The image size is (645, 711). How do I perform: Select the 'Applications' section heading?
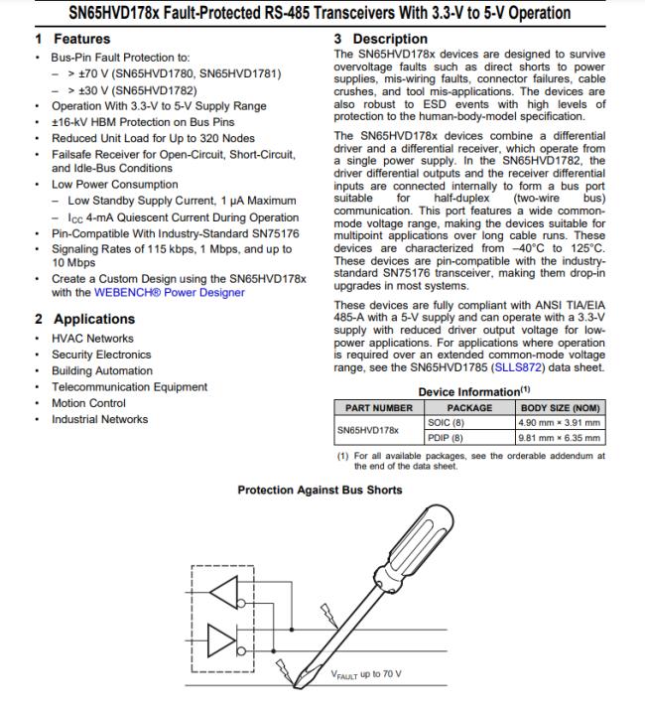pyautogui.click(x=94, y=319)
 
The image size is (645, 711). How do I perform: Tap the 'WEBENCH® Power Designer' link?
pyautogui.click(x=170, y=292)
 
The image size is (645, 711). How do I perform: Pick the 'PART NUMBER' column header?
pyautogui.click(x=379, y=408)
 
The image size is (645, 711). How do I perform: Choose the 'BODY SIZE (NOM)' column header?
pyautogui.click(x=561, y=408)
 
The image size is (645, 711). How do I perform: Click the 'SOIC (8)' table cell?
pyautogui.click(x=446, y=422)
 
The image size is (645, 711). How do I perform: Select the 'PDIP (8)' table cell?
pyautogui.click(x=446, y=437)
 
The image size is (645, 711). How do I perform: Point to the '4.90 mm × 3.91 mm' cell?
pyautogui.click(x=561, y=422)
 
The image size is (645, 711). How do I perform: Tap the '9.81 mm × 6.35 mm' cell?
pyautogui.click(x=561, y=437)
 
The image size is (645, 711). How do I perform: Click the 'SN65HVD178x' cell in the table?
pyautogui.click(x=368, y=430)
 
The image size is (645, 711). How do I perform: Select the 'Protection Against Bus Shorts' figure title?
pyautogui.click(x=320, y=490)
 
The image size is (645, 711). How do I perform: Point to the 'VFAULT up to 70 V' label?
pyautogui.click(x=366, y=674)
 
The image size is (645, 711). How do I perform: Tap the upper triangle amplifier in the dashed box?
pyautogui.click(x=223, y=591)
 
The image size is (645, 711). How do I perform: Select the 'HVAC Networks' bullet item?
pyautogui.click(x=92, y=338)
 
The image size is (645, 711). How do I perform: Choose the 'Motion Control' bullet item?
pyautogui.click(x=88, y=403)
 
